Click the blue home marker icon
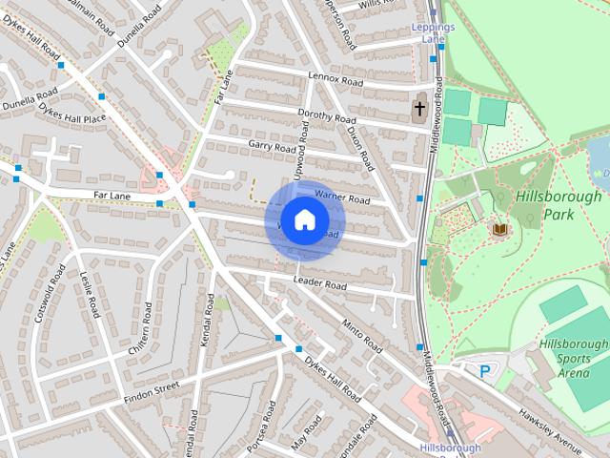click(304, 219)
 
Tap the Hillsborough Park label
click(559, 205)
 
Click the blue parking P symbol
click(485, 371)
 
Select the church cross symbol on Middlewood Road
click(419, 109)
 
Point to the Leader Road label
click(319, 283)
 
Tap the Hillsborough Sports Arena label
click(572, 359)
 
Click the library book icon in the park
click(498, 229)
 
